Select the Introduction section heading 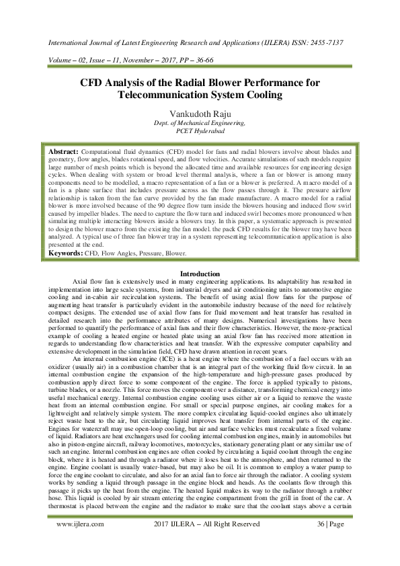200,274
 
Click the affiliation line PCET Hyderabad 200,131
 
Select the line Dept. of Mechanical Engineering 200,123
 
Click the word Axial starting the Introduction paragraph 82,282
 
